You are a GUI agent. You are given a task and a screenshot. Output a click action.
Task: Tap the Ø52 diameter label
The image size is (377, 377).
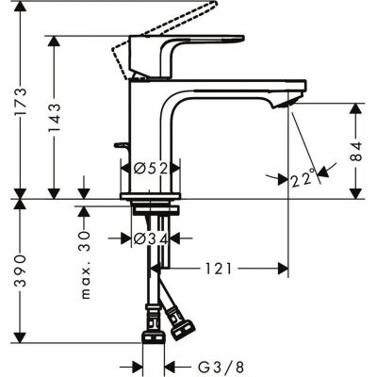[150, 168]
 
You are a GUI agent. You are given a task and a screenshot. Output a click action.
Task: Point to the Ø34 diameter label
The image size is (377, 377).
[150, 238]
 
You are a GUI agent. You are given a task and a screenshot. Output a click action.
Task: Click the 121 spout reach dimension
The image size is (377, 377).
[218, 269]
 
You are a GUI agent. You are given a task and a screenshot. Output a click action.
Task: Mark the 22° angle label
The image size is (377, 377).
[302, 175]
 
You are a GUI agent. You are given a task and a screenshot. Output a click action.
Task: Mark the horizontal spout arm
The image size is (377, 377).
[236, 90]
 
